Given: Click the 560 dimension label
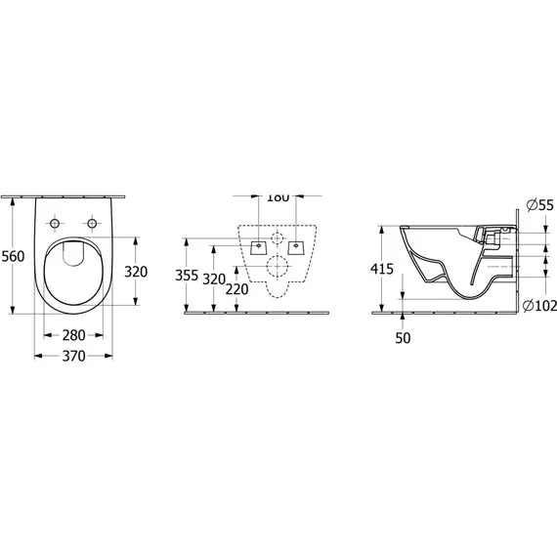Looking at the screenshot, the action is [13, 256].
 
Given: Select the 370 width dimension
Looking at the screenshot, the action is [73, 356].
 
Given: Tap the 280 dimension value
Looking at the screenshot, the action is [73, 335].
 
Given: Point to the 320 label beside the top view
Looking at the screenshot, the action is [136, 272].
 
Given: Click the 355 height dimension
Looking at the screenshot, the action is [187, 276].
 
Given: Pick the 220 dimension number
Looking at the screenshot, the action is [236, 289].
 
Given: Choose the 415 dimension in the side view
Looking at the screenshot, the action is [382, 269].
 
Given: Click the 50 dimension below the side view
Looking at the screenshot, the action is [403, 338].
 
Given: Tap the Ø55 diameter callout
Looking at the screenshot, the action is [540, 205].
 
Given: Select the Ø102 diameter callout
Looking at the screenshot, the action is [540, 306].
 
